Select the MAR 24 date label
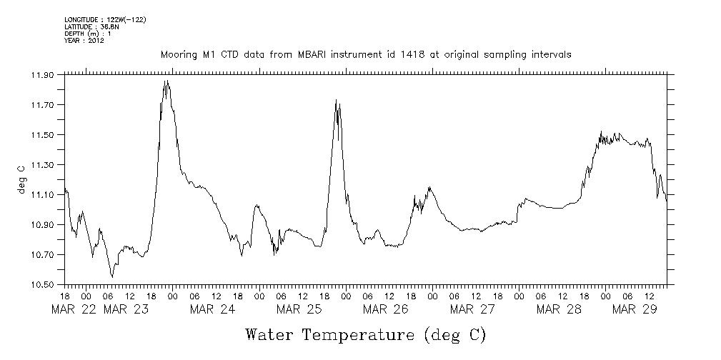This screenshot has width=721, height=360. [x=212, y=309]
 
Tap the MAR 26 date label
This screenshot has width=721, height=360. [x=385, y=309]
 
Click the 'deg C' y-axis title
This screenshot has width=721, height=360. [x=21, y=179]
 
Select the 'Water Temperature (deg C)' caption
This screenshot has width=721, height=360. [x=365, y=334]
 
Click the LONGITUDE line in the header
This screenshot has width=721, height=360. [x=105, y=19]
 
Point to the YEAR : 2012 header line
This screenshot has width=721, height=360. [x=84, y=41]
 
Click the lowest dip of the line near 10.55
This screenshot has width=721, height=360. [x=111, y=276]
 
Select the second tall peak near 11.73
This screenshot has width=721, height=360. [x=336, y=100]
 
